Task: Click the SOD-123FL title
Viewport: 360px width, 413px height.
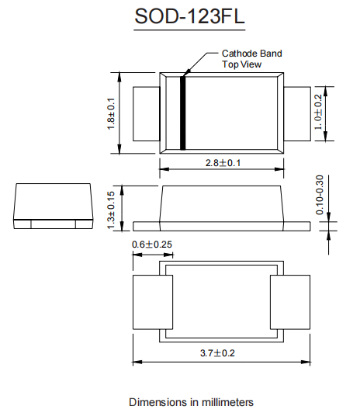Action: pyautogui.click(x=189, y=16)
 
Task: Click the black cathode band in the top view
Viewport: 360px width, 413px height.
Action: pyautogui.click(x=182, y=113)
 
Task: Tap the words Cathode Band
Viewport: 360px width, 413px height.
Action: pyautogui.click(x=252, y=54)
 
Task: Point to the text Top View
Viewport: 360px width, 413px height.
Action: pyautogui.click(x=241, y=64)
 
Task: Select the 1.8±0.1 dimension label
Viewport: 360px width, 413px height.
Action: pyautogui.click(x=111, y=114)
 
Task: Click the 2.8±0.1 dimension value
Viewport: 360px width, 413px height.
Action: pyautogui.click(x=223, y=163)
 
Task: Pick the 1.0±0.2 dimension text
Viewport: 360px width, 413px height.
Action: pyautogui.click(x=318, y=112)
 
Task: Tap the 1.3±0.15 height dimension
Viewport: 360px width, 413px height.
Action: pyautogui.click(x=111, y=210)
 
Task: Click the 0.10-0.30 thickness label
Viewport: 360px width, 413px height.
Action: pyautogui.click(x=320, y=195)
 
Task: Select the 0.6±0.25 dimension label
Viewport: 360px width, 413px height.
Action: pyautogui.click(x=152, y=245)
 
